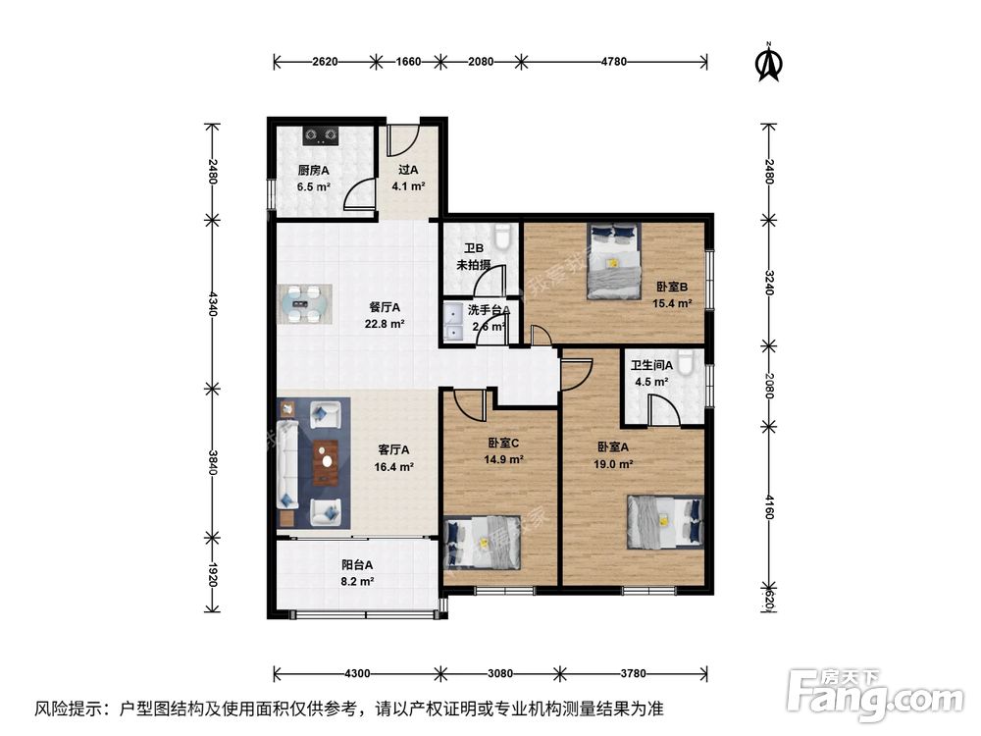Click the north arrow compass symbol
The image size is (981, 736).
click(768, 61)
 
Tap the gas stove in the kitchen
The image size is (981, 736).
click(321, 133)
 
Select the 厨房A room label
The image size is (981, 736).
click(314, 170)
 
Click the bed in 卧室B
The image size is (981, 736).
click(612, 260)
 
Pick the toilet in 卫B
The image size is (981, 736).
click(504, 237)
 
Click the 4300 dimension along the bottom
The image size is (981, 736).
click(356, 673)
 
